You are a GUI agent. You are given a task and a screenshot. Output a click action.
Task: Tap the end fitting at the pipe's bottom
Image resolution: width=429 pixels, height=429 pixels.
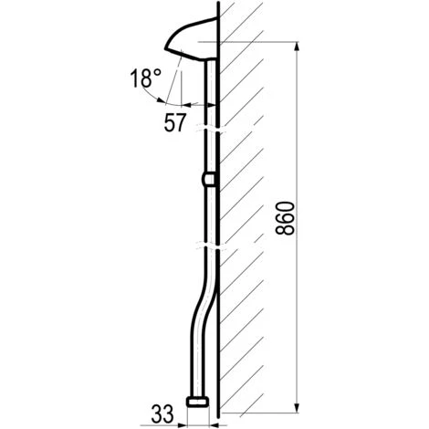[198, 401]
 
